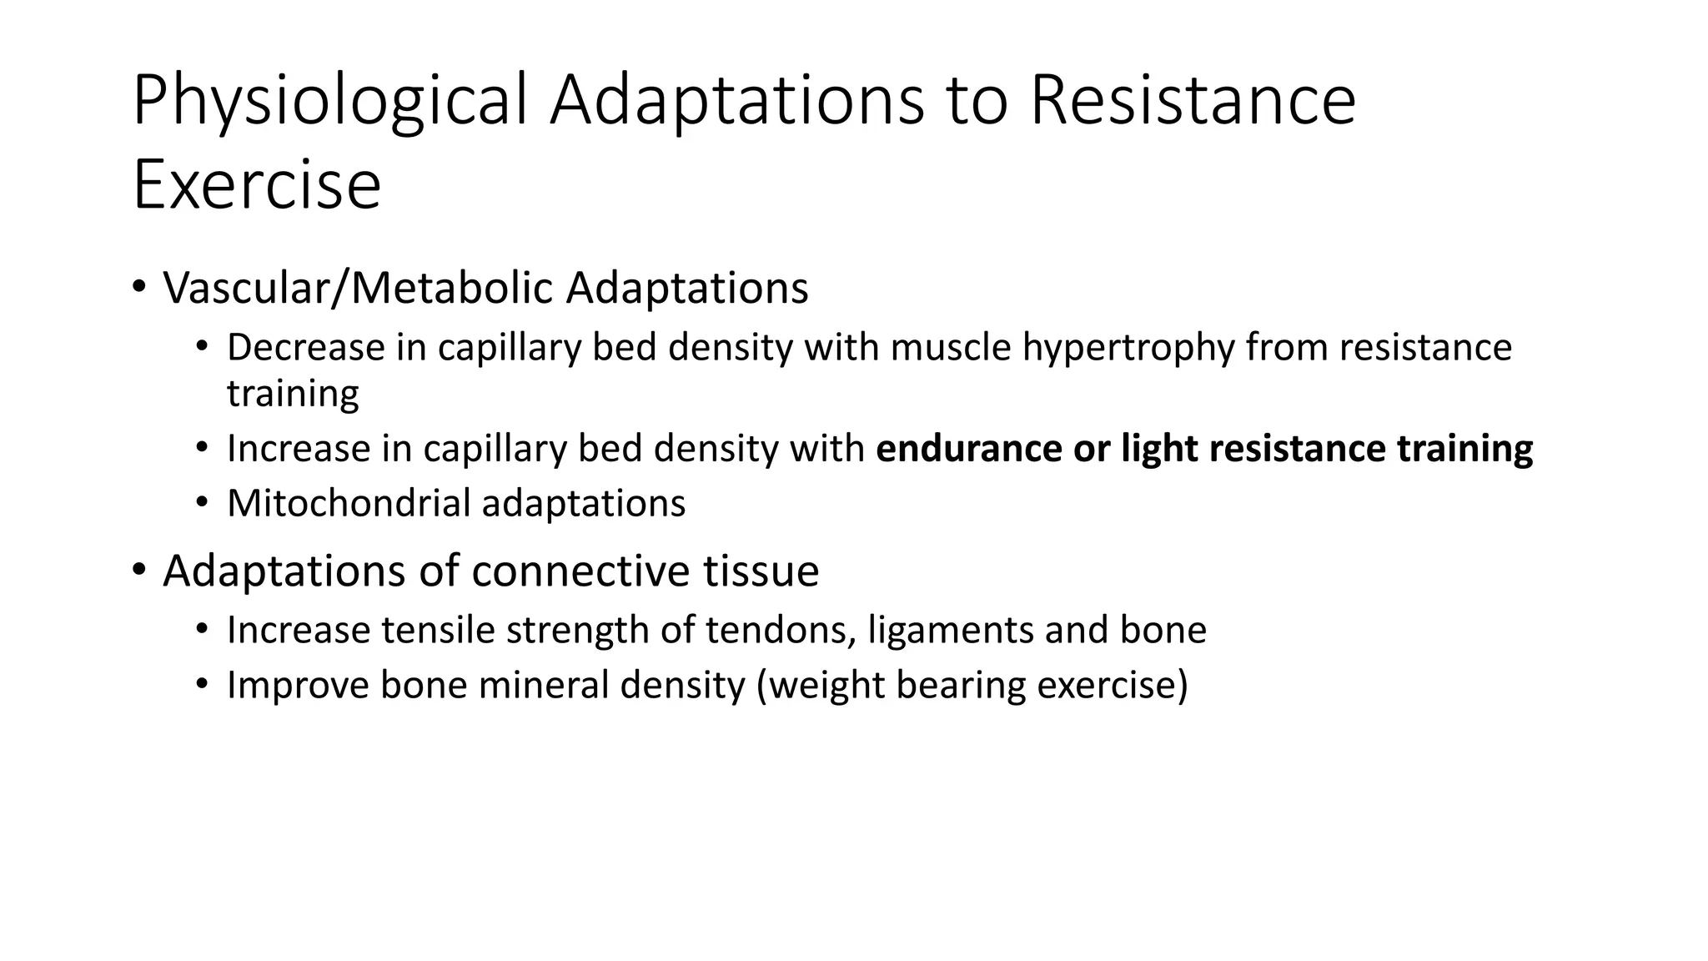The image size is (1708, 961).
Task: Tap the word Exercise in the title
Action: pyautogui.click(x=257, y=185)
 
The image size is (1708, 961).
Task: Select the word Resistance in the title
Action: pyautogui.click(x=1193, y=102)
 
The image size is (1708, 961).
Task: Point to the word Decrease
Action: pyautogui.click(x=304, y=347)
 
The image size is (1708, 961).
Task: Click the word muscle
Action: pyautogui.click(x=951, y=347)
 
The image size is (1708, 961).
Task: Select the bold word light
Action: pyautogui.click(x=1158, y=449)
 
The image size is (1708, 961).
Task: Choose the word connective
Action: pyautogui.click(x=580, y=571)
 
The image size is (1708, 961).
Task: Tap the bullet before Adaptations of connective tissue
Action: pyautogui.click(x=138, y=571)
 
